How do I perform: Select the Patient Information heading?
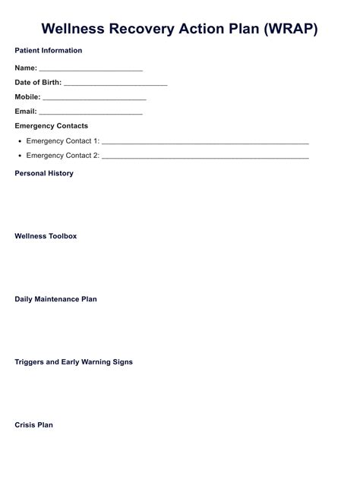pos(49,51)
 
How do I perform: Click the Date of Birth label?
pos(38,83)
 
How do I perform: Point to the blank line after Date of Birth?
pos(115,84)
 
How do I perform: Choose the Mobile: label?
pos(27,97)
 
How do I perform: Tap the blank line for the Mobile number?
pos(94,99)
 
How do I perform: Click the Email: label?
pos(26,112)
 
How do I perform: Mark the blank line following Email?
pos(90,113)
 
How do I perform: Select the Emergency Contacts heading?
pos(52,126)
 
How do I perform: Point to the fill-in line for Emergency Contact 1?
pos(205,143)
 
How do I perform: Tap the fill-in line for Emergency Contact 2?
pos(205,157)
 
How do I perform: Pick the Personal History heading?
pos(44,174)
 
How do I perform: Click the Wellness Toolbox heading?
pos(46,236)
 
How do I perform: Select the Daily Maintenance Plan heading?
pos(56,299)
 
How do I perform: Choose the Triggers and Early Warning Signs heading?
pos(74,362)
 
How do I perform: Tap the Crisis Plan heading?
pos(34,425)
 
